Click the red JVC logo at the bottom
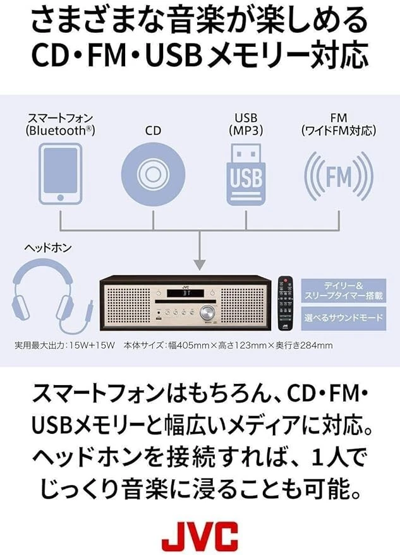[x=200, y=535]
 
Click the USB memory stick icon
[x=245, y=172]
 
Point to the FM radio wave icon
[x=339, y=175]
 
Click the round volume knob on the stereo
[x=206, y=312]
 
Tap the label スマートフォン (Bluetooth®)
[x=60, y=124]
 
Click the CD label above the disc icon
[x=153, y=131]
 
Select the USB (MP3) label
[x=245, y=124]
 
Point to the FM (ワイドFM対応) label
[x=339, y=124]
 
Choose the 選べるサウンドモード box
[x=344, y=318]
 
